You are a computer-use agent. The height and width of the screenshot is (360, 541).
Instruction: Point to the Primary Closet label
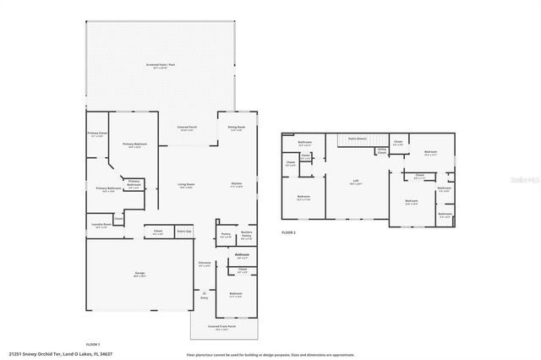pyautogui.click(x=96, y=134)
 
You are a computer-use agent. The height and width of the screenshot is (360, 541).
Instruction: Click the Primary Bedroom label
pyautogui.click(x=135, y=145)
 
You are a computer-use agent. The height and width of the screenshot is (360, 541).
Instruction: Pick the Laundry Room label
pyautogui.click(x=101, y=225)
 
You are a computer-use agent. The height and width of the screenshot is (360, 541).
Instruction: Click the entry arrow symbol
pyautogui.click(x=204, y=291)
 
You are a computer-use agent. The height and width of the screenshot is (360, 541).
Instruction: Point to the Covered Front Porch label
pyautogui.click(x=222, y=328)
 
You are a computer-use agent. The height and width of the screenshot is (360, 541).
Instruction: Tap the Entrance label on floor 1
pyautogui.click(x=204, y=265)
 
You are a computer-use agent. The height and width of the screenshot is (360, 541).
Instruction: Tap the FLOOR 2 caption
pyautogui.click(x=290, y=231)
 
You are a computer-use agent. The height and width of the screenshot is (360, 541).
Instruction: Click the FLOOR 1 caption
pyautogui.click(x=93, y=344)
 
